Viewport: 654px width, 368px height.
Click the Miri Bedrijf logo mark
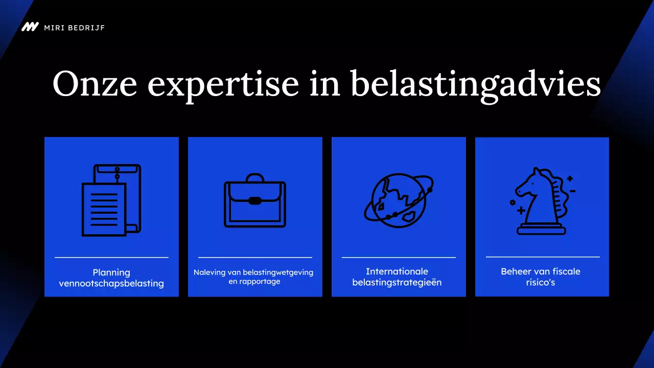coord(30,27)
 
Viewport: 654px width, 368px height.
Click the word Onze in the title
coord(95,83)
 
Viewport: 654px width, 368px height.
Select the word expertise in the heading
coord(223,83)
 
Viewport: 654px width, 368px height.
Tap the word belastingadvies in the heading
coord(476,83)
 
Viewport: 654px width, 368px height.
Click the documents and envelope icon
coord(111,200)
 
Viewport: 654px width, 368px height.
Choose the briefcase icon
coord(255,200)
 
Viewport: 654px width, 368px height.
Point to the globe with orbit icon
coord(399,199)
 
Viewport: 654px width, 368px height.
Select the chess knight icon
coord(542,201)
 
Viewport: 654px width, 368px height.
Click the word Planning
coord(111,272)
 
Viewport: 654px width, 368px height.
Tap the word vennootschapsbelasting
coord(111,284)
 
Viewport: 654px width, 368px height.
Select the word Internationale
coord(397,271)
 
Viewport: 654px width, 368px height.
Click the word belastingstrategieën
coord(397,282)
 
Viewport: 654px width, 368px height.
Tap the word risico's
coord(541,282)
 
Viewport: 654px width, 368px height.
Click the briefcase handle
coord(255,178)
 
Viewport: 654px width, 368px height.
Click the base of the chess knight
coord(542,229)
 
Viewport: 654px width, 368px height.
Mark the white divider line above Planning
coord(111,257)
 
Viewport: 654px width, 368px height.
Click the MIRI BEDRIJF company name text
coord(74,27)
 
